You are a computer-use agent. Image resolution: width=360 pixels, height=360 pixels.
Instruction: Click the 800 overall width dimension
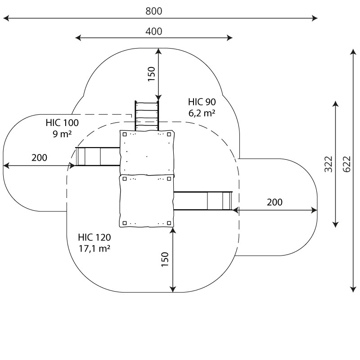point(153,11)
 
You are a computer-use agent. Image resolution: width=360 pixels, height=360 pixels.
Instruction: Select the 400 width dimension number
point(153,31)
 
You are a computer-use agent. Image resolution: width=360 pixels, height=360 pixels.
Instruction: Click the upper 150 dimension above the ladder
point(151,73)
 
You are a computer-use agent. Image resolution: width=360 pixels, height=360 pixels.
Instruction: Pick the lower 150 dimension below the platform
point(165,260)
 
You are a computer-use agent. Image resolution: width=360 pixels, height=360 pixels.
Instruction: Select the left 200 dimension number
point(39,157)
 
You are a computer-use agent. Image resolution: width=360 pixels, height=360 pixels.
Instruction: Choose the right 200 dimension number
point(274,202)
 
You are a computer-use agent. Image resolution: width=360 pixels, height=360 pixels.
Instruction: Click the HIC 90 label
point(202,102)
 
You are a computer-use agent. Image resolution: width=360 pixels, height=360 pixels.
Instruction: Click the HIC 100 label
point(62,123)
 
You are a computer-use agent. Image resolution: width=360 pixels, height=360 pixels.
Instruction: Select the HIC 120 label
point(94,237)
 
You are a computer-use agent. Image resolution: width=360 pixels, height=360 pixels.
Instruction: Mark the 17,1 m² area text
point(94,248)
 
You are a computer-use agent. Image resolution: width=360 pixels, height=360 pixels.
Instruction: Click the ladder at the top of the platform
point(146,116)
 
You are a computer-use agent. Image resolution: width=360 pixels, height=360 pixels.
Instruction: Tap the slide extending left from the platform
point(97,156)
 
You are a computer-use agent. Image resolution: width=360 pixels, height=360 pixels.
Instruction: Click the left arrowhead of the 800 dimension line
point(5,18)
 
